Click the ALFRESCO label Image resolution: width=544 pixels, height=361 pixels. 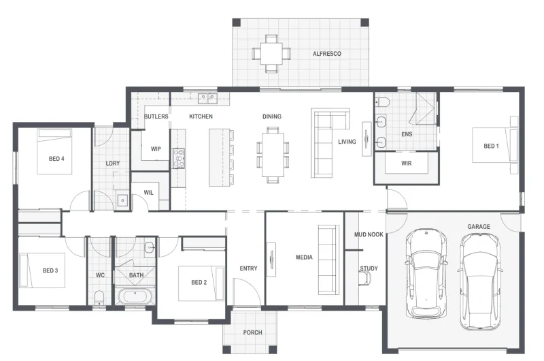[x=327, y=54]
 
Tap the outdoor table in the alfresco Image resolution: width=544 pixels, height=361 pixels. [x=271, y=53]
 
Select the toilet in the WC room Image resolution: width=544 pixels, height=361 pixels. [x=99, y=298]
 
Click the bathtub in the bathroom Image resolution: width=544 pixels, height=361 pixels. [x=135, y=296]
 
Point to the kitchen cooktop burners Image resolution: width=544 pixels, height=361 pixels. [x=179, y=159]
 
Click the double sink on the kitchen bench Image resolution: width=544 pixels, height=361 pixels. [x=207, y=98]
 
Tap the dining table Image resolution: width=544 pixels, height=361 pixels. [x=273, y=155]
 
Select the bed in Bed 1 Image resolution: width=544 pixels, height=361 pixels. [x=495, y=145]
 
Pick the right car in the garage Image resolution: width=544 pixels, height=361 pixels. [x=480, y=281]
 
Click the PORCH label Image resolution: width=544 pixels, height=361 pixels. [x=252, y=332]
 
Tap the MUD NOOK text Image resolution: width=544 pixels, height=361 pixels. [x=369, y=234]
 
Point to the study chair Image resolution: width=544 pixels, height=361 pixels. [x=365, y=278]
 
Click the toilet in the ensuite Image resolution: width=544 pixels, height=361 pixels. [x=383, y=102]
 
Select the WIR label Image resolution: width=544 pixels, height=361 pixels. [x=406, y=163]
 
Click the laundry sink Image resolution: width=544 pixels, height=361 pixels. [x=122, y=200]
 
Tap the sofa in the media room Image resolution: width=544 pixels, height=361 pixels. [x=328, y=260]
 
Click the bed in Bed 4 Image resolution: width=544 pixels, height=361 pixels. [x=54, y=151]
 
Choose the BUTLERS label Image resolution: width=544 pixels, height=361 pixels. [x=156, y=116]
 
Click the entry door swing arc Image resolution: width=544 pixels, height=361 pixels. [x=251, y=284]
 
